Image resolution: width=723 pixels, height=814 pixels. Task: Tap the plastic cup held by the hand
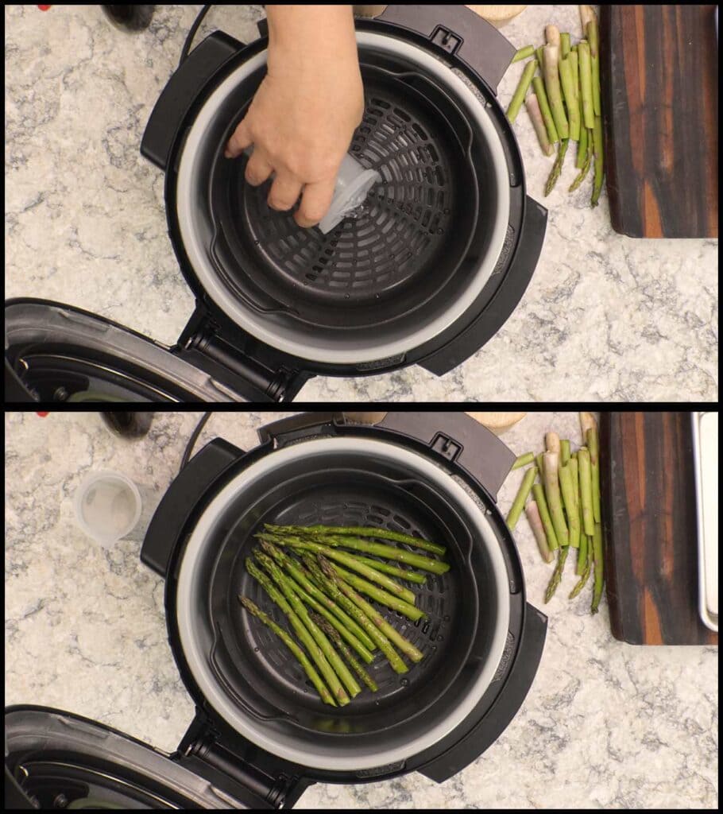(348, 191)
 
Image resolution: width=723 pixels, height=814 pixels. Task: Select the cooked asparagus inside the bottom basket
(342, 604)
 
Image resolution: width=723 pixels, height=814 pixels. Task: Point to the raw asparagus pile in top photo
(564, 103)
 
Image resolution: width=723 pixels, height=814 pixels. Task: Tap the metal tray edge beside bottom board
(706, 517)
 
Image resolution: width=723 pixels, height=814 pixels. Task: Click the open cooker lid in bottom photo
(87, 759)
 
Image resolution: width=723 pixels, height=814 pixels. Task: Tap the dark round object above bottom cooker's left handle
(127, 423)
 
